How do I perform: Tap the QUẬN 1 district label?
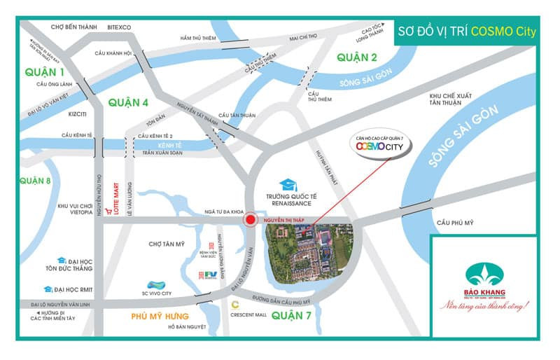[44, 72]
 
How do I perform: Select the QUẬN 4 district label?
[129, 103]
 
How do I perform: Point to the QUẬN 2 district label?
[356, 57]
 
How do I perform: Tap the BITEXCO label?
[120, 27]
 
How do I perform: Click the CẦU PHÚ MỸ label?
[454, 223]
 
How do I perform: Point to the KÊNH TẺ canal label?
[169, 144]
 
